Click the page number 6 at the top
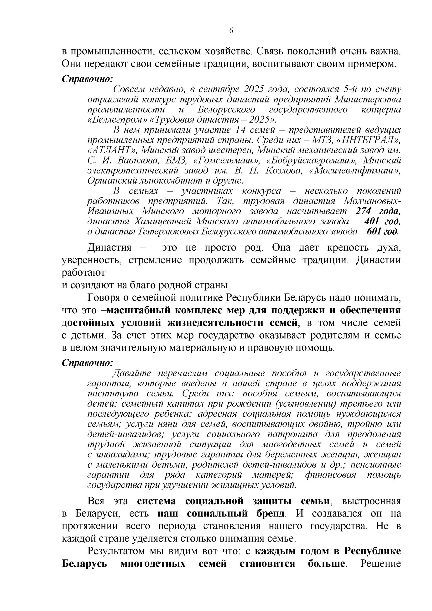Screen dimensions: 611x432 point(231,31)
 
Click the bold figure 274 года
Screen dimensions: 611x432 point(377,211)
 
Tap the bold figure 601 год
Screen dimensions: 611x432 point(383,231)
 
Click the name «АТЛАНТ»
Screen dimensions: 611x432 point(112,150)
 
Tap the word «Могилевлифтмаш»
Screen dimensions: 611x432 point(355,171)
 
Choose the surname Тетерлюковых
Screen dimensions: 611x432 point(169,231)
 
